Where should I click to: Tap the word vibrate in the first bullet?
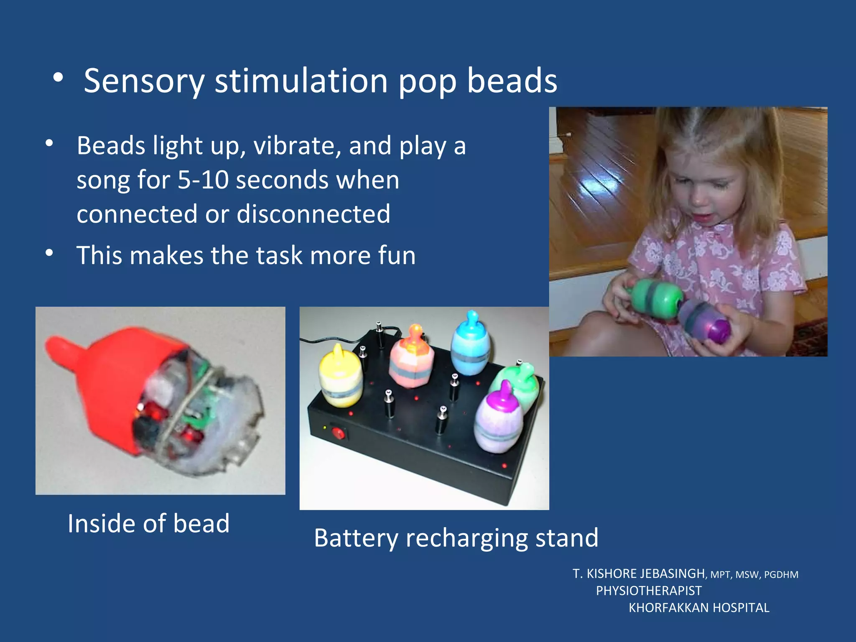click(x=296, y=146)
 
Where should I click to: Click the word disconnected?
click(x=313, y=214)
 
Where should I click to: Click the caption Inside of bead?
click(x=149, y=523)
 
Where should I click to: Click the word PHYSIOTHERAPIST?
click(x=649, y=591)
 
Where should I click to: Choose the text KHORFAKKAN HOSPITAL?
click(x=699, y=607)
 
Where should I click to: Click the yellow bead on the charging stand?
click(x=340, y=378)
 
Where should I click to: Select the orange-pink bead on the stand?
click(x=411, y=359)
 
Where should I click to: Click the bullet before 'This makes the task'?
click(x=49, y=253)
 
